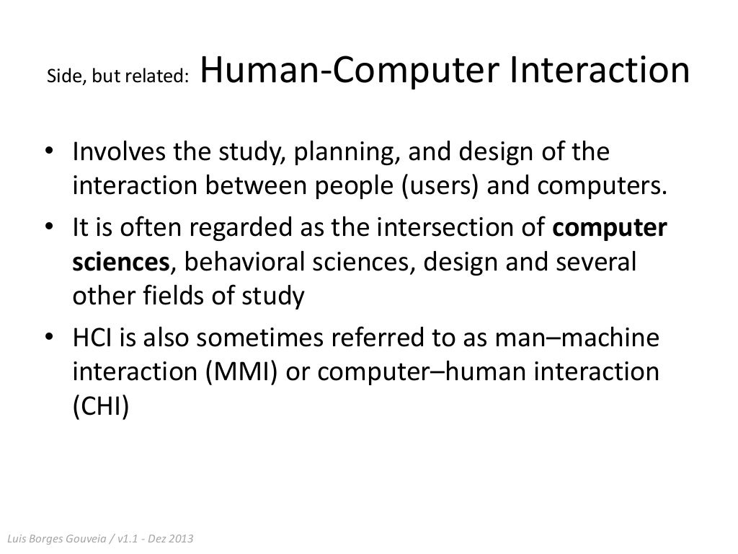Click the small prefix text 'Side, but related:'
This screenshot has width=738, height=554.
[x=117, y=76]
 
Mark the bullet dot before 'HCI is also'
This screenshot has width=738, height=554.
[x=48, y=338]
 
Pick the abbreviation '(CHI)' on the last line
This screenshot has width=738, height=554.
[x=101, y=407]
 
